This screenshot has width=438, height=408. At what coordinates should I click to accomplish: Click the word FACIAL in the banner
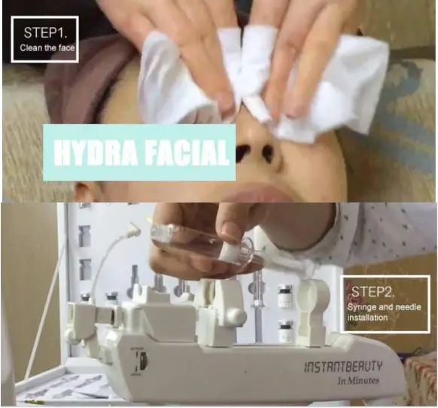185,154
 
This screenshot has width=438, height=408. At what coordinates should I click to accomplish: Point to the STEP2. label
372,288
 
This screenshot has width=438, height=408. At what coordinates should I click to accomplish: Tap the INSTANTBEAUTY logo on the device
343,367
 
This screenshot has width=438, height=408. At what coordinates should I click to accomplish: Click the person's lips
255,193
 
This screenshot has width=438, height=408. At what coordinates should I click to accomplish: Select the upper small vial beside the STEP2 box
285,294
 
